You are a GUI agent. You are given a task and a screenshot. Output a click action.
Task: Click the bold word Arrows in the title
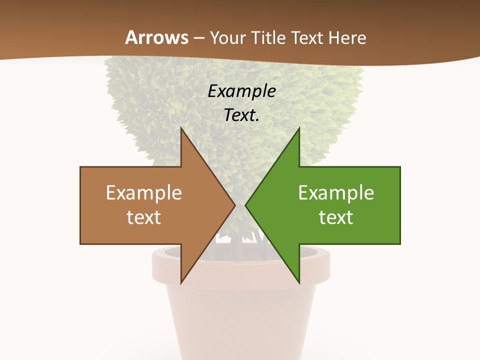[x=156, y=37]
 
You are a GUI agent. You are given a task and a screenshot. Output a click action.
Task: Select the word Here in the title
[x=347, y=37]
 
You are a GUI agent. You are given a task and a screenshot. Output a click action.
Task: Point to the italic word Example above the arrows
[x=241, y=91]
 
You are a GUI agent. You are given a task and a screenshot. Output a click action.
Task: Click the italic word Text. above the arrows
[x=241, y=115]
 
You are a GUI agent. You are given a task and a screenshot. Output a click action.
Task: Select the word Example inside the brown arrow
[x=144, y=192]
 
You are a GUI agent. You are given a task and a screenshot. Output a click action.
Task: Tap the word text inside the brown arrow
[x=144, y=217]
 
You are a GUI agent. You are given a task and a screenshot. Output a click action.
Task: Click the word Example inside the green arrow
[x=336, y=192]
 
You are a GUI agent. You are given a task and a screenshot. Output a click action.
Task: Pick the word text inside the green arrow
[x=336, y=217]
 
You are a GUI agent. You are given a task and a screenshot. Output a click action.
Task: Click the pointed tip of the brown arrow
[x=235, y=205]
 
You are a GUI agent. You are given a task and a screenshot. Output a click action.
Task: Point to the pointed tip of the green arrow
[x=245, y=205]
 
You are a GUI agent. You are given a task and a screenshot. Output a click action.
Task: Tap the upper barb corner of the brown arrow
[x=181, y=129]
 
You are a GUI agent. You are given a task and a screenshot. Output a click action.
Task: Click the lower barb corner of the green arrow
[x=299, y=282]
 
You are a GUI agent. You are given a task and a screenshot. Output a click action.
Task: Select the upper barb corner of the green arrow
[x=299, y=129]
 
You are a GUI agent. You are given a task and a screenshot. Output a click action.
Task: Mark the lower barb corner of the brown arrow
[x=181, y=282]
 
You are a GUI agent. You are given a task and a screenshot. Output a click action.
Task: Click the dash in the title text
[x=198, y=38]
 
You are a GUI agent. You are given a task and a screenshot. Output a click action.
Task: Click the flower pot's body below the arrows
[x=240, y=320]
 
